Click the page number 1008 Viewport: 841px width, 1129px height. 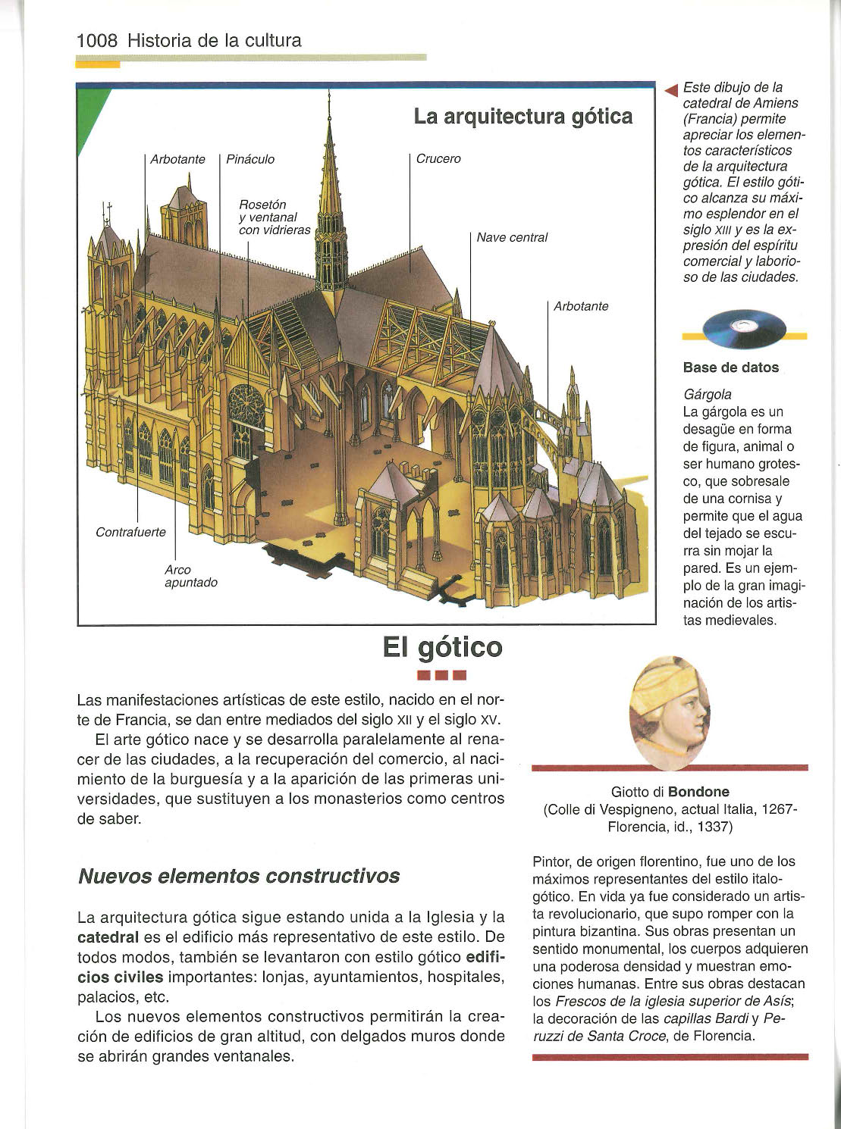tap(97, 40)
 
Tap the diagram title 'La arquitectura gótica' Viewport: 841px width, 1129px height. tap(523, 117)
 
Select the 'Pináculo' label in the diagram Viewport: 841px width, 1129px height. tap(250, 159)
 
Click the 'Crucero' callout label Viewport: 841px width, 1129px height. tap(438, 159)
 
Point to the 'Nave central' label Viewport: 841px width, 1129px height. tap(512, 238)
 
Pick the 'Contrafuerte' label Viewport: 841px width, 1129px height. tap(130, 532)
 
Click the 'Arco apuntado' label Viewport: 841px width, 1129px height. tap(190, 576)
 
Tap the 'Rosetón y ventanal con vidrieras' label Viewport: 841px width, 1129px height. tap(275, 217)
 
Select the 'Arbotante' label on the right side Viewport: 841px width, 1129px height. tap(581, 306)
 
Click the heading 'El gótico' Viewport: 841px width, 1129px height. tap(442, 647)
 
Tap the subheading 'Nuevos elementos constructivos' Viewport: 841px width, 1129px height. tap(239, 876)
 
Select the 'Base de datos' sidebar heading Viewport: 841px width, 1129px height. tap(730, 367)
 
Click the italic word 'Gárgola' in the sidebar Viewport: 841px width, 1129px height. tap(708, 395)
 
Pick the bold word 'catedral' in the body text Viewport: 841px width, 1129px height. tap(108, 937)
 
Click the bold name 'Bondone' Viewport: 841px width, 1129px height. tap(698, 792)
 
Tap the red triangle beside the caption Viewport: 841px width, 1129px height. tap(670, 92)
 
